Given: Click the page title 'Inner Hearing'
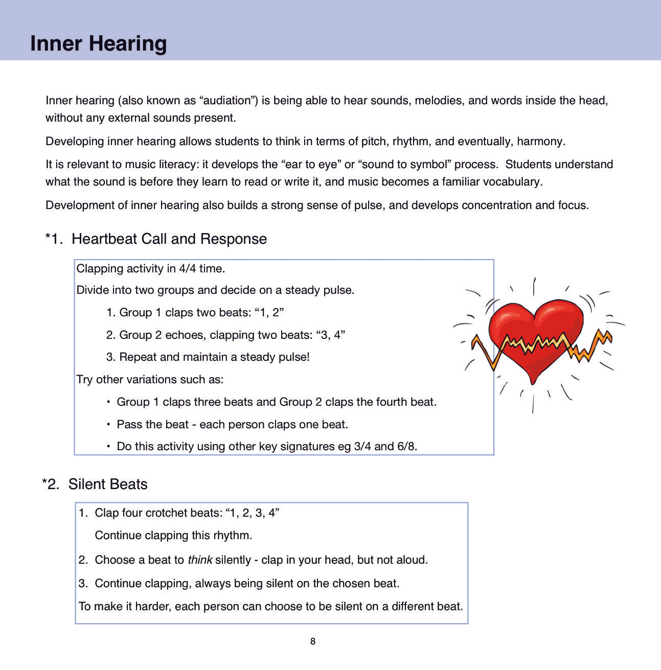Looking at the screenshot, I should [x=98, y=43].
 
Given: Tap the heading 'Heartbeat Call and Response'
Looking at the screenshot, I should [x=169, y=239].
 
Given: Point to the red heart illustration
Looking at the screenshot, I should [x=535, y=335].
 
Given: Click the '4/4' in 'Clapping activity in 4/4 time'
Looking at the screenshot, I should [x=188, y=269].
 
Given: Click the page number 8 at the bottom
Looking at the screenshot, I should [x=313, y=641].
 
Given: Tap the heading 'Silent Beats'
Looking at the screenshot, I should [x=108, y=484].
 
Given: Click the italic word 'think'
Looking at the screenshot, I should [x=200, y=560].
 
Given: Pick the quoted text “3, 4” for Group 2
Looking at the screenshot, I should [x=331, y=335].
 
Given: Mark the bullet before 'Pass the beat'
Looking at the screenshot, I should [x=108, y=424].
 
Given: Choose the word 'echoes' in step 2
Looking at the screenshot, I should [x=183, y=335].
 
